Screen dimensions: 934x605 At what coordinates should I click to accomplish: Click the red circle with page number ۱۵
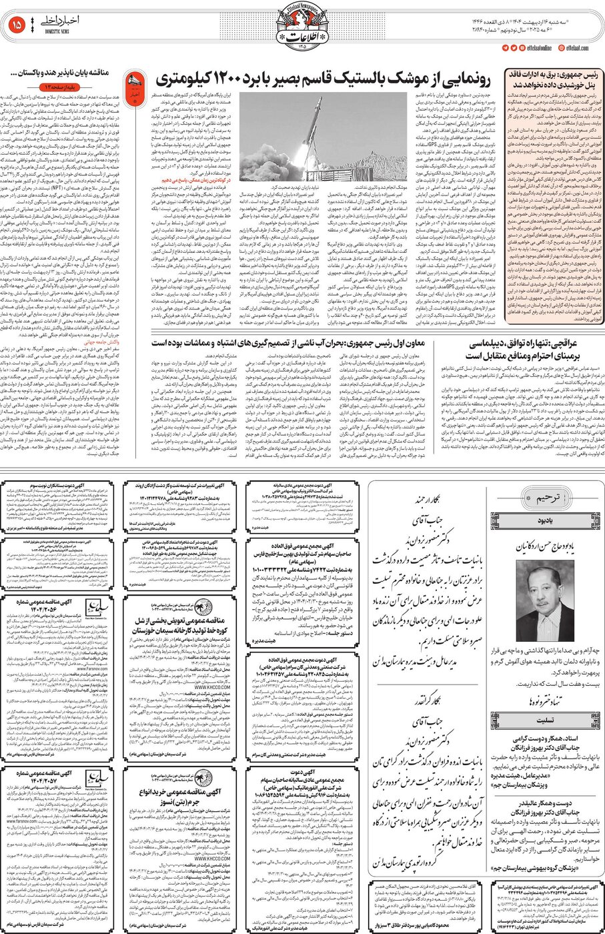click(17, 26)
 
